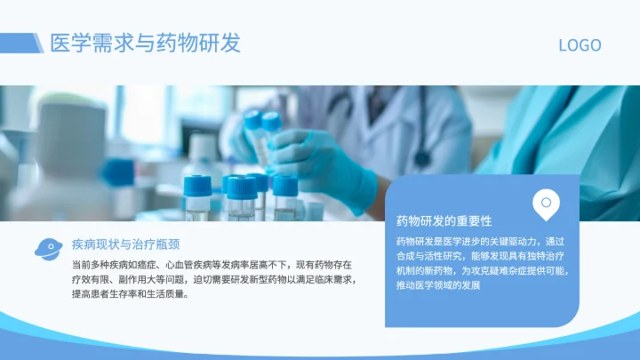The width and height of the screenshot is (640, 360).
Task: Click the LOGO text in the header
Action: (580, 45)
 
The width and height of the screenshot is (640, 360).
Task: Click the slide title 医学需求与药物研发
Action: (146, 43)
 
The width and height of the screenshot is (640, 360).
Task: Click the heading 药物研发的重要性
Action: (444, 220)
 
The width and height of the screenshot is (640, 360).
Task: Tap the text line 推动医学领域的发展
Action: (438, 284)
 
